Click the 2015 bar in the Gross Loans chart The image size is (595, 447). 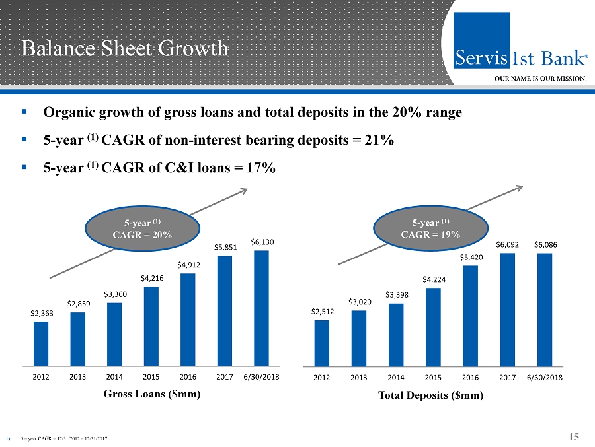point(151,326)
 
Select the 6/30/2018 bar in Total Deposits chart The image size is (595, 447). point(545,309)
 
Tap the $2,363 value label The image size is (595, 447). point(42,314)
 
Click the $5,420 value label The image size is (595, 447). point(471,258)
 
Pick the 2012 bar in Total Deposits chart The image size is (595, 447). point(322,343)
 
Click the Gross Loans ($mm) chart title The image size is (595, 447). point(151,394)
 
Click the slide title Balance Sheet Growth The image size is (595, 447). point(124,48)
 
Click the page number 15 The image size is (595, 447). point(573,436)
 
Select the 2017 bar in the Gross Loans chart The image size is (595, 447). point(225,310)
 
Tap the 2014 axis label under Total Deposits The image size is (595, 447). point(396,378)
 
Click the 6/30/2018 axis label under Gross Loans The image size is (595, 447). point(261,377)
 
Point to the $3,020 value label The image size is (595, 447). point(360,302)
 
